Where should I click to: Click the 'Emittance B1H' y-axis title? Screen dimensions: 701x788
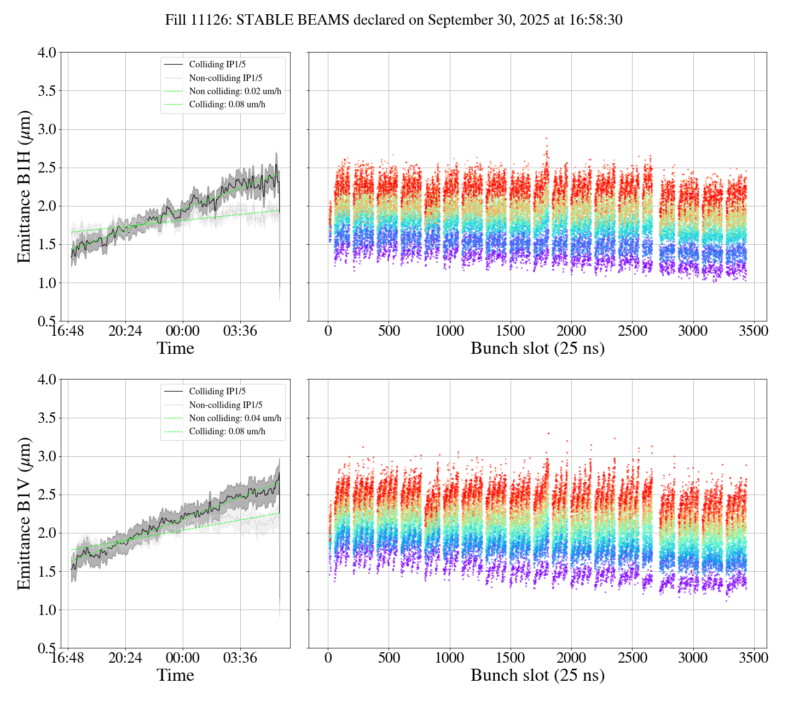pyautogui.click(x=24, y=187)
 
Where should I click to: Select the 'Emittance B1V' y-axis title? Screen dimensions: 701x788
pyautogui.click(x=24, y=513)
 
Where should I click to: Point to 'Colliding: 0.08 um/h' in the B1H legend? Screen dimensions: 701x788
pyautogui.click(x=227, y=104)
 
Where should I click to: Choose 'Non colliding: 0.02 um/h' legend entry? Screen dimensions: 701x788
pyautogui.click(x=239, y=91)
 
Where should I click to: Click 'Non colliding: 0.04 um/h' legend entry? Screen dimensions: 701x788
pyautogui.click(x=235, y=418)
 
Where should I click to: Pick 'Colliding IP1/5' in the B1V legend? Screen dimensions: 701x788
pyautogui.click(x=217, y=391)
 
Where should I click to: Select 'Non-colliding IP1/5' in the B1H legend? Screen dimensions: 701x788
pyautogui.click(x=225, y=78)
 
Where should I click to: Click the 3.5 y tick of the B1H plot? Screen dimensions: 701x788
pyautogui.click(x=47, y=91)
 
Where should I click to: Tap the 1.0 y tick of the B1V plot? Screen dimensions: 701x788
pyautogui.click(x=47, y=610)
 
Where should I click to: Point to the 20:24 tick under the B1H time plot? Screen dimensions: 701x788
pyautogui.click(x=125, y=331)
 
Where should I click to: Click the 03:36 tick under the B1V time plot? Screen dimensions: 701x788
pyautogui.click(x=240, y=658)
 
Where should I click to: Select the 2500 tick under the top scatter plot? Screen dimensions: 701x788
pyautogui.click(x=632, y=331)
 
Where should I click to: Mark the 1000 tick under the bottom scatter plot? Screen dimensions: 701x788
pyautogui.click(x=450, y=658)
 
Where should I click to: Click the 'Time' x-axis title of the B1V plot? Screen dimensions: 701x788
pyautogui.click(x=175, y=675)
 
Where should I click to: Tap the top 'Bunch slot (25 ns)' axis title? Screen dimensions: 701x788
pyautogui.click(x=537, y=348)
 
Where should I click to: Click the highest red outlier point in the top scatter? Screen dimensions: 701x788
pyautogui.click(x=546, y=139)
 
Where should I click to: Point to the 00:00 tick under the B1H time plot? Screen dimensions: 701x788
pyautogui.click(x=183, y=331)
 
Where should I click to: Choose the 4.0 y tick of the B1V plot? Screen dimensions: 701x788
pyautogui.click(x=47, y=380)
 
